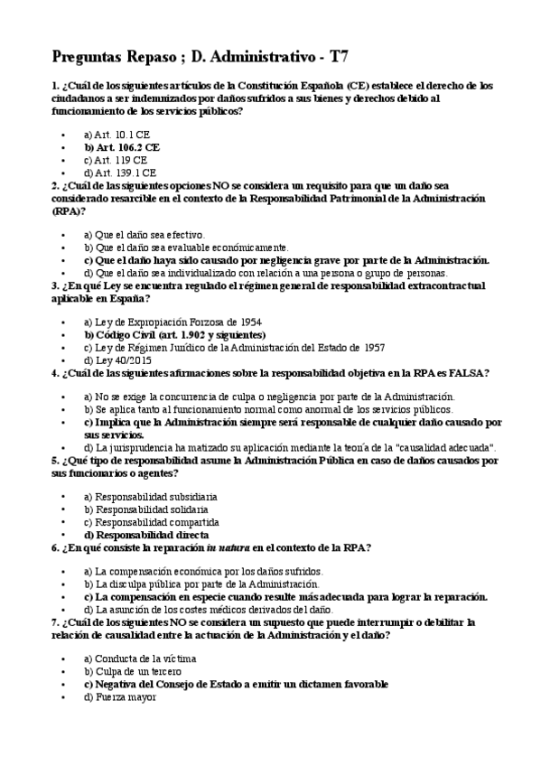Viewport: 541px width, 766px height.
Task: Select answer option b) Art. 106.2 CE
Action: (x=122, y=145)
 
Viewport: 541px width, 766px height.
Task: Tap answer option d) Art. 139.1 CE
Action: (x=120, y=172)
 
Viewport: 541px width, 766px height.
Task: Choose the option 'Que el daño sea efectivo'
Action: (x=144, y=234)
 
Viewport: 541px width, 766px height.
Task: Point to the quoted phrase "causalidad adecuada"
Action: (x=445, y=447)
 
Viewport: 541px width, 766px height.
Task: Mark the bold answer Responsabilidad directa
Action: (x=149, y=535)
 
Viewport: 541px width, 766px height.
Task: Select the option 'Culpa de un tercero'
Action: (x=131, y=672)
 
